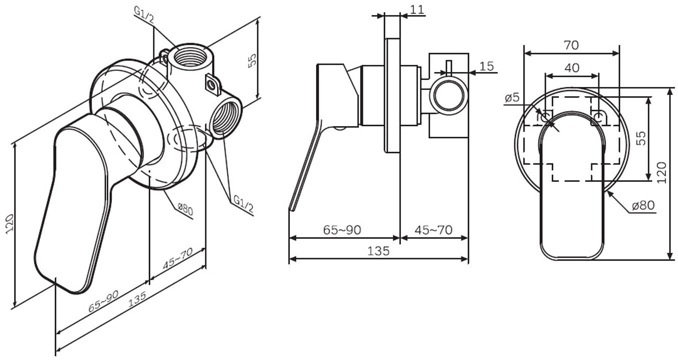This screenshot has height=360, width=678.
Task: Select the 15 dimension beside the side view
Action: pyautogui.click(x=486, y=66)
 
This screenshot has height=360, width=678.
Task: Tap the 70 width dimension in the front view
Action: pyautogui.click(x=571, y=45)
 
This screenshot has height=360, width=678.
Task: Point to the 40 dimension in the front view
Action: pyautogui.click(x=571, y=67)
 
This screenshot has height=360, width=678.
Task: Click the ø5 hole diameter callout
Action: pyautogui.click(x=512, y=97)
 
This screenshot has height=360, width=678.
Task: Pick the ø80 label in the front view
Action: pyautogui.click(x=642, y=205)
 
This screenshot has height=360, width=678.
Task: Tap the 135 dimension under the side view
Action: pyautogui.click(x=378, y=251)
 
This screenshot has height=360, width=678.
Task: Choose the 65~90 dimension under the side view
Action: pyautogui.click(x=342, y=230)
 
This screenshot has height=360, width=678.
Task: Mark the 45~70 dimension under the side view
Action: pyautogui.click(x=433, y=230)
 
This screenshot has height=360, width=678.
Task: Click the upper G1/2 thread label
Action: pyautogui.click(x=144, y=14)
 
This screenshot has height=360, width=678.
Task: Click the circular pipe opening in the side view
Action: pyautogui.click(x=448, y=94)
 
